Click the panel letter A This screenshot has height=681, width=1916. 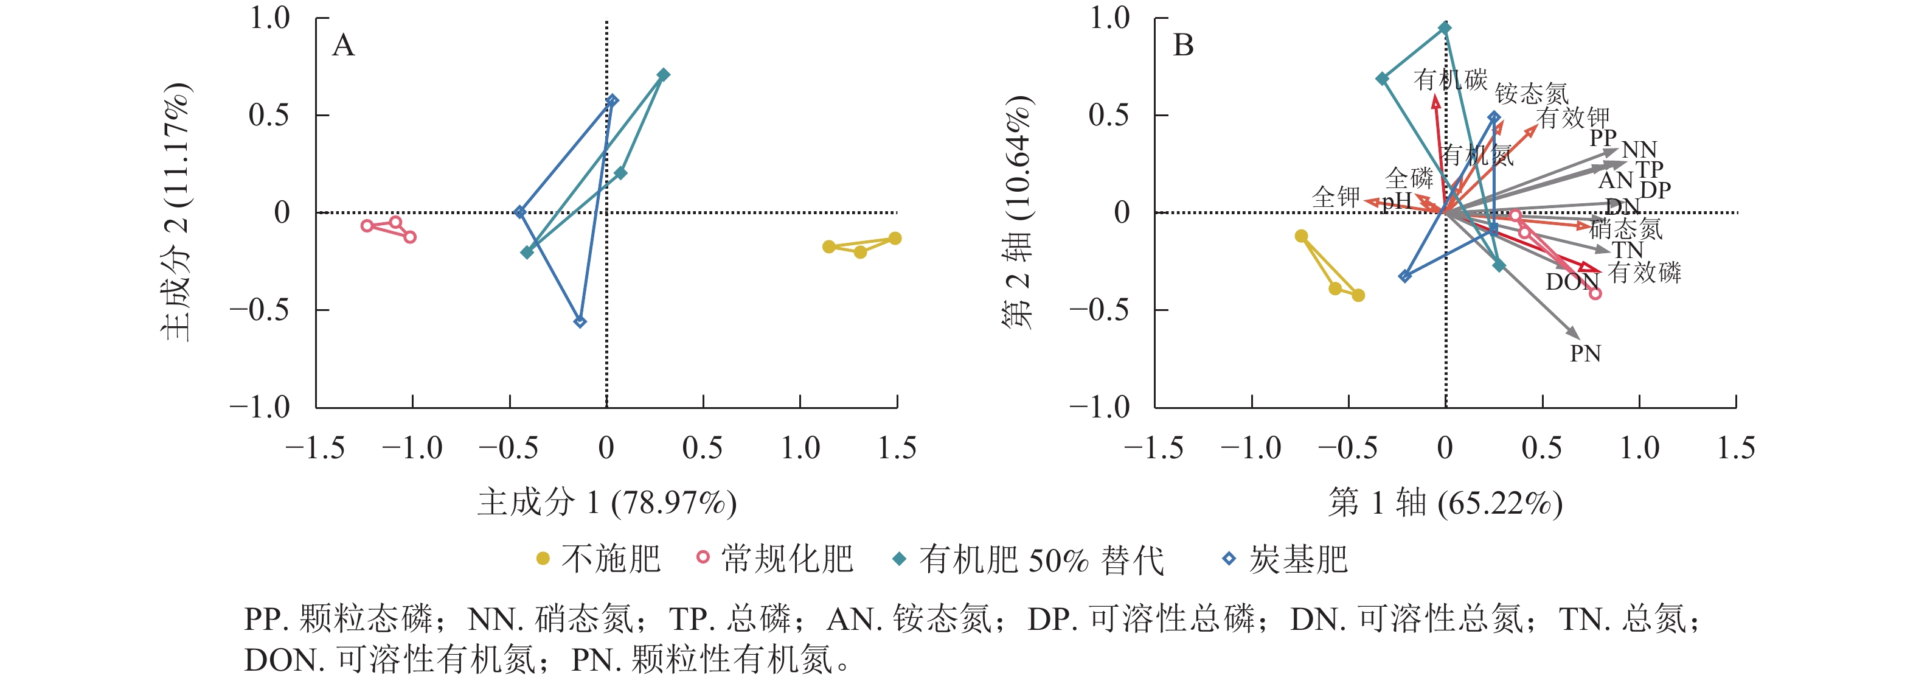[343, 46]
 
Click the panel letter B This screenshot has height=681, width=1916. [1184, 46]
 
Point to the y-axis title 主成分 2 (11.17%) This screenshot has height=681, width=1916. [177, 212]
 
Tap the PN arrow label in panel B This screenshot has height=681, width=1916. [1585, 354]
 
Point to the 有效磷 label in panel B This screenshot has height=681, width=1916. [1645, 273]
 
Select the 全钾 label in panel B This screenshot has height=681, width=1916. [1336, 197]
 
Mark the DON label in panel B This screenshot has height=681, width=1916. [1572, 282]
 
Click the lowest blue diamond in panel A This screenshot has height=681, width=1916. [580, 321]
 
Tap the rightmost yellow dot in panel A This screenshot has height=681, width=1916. [895, 238]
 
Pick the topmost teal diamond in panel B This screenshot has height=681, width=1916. [1445, 28]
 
